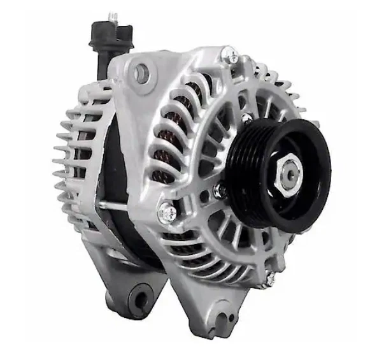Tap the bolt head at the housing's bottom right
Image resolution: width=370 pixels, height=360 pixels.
[271, 278]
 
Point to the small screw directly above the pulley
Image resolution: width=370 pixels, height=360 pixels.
[246, 117]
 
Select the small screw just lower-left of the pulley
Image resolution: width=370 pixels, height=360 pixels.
[220, 190]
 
